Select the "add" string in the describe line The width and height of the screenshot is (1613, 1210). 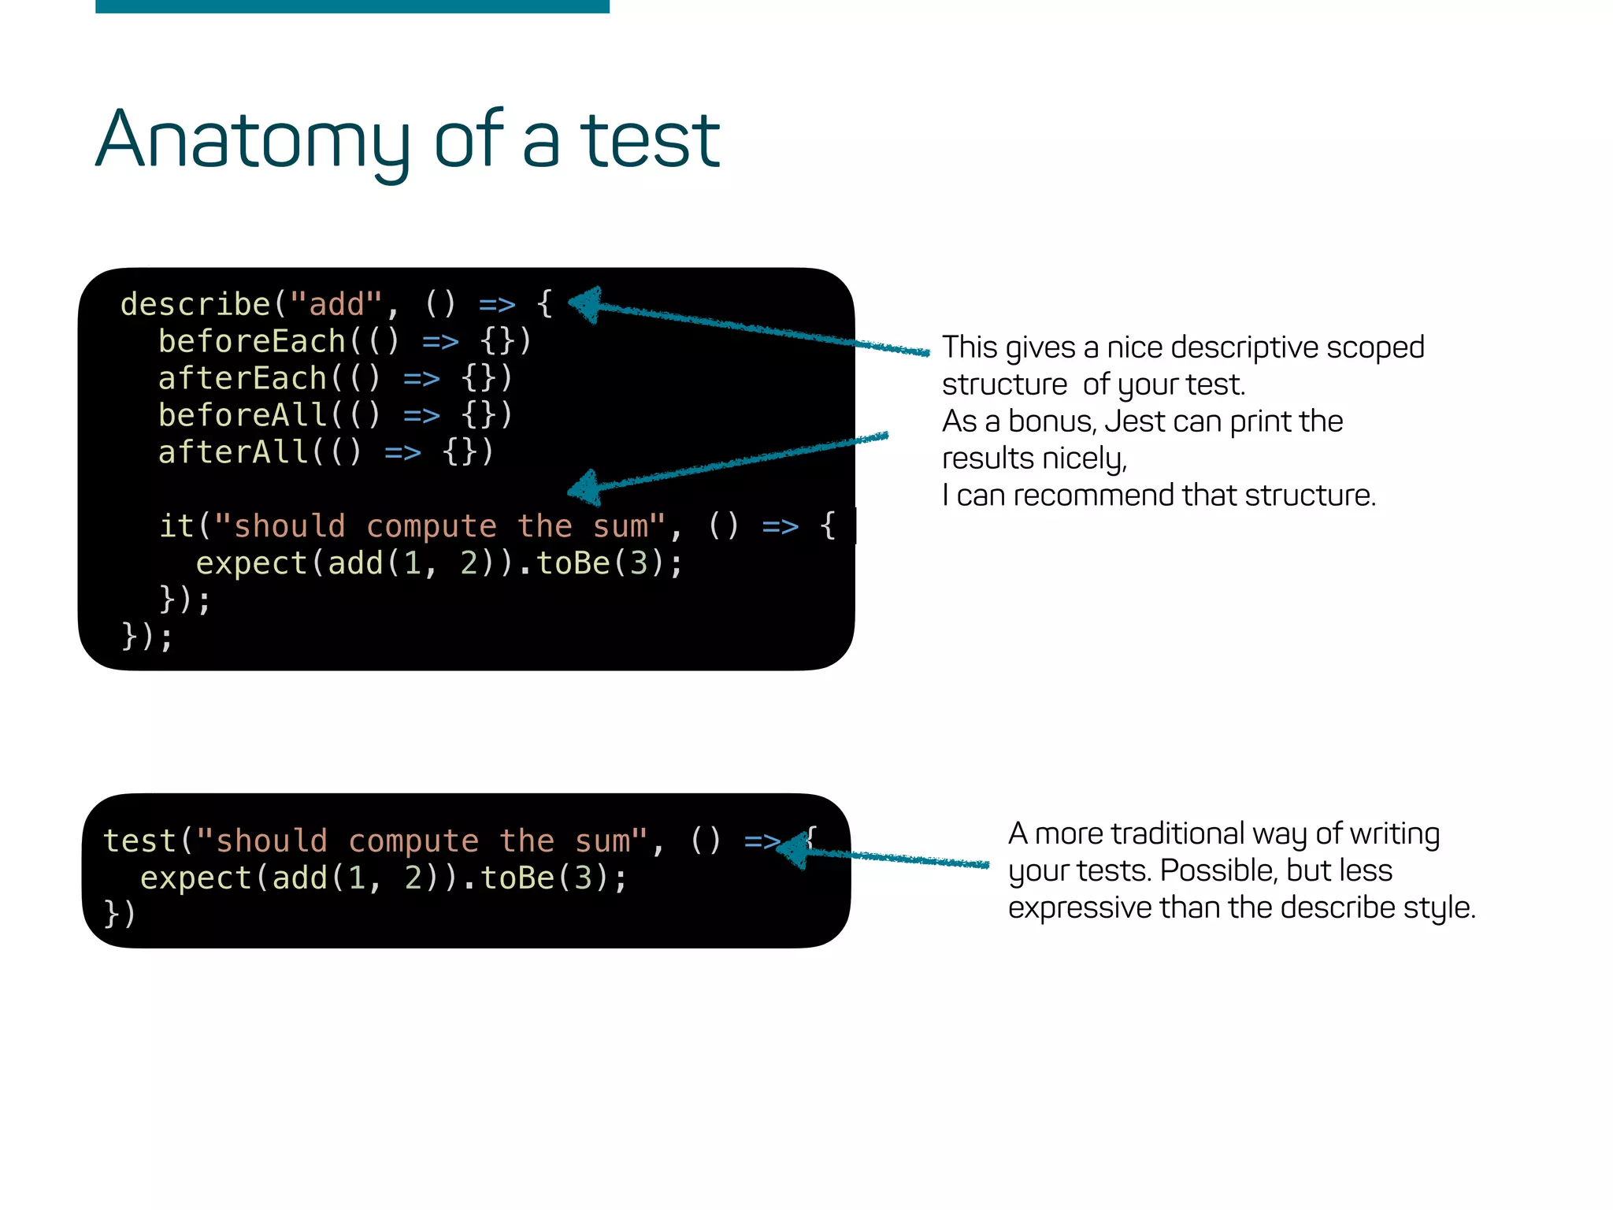336,305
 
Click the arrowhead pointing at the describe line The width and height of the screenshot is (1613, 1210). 584,304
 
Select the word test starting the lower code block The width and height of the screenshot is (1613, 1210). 139,841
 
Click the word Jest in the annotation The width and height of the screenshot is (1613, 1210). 1134,421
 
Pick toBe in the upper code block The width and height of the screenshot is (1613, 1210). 573,564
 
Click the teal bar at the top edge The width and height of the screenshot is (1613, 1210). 352,6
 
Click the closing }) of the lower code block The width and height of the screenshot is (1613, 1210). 120,914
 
